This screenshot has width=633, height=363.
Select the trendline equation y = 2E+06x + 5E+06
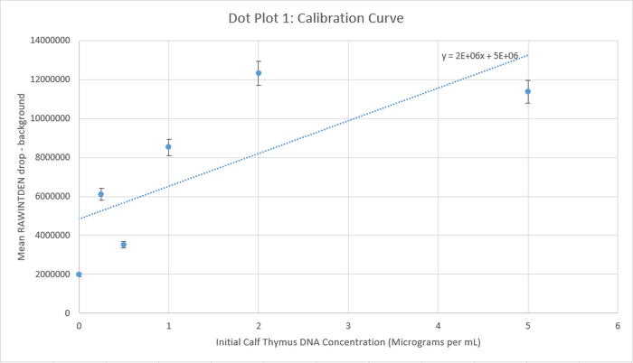pos(480,56)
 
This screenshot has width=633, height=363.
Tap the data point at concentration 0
pos(80,275)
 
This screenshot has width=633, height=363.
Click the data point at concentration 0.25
pos(101,194)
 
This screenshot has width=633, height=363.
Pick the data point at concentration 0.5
pos(124,245)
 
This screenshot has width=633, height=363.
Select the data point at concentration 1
pos(168,146)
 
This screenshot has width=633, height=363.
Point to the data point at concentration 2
pos(259,73)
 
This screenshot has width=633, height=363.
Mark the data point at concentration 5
pos(528,91)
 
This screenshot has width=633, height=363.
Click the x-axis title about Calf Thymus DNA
pos(348,344)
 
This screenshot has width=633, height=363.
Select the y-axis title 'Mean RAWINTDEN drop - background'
pos(19,176)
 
